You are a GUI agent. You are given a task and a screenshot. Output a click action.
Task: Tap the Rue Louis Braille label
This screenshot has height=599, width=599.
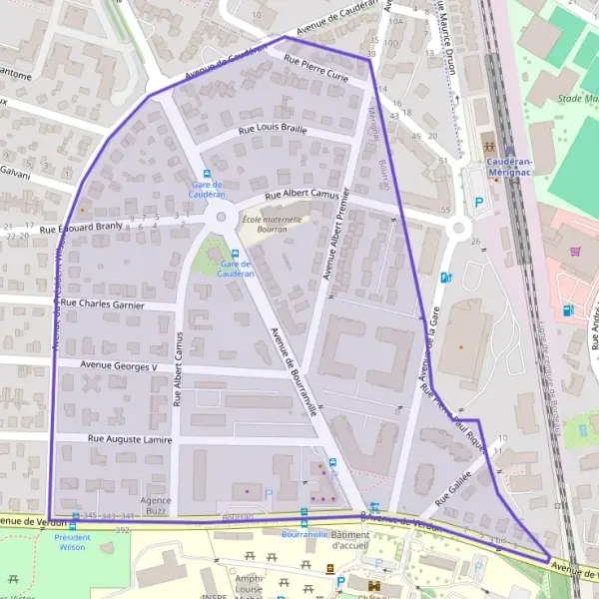click(273, 130)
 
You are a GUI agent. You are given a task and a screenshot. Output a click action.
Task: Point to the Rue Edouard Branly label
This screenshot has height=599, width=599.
click(80, 227)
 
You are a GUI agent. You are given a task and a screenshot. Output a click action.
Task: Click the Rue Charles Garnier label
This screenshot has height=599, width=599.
click(103, 303)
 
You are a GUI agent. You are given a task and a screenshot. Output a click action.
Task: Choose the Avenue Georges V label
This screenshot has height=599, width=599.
click(120, 366)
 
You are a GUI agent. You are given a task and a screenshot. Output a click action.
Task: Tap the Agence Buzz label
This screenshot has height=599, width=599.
click(155, 505)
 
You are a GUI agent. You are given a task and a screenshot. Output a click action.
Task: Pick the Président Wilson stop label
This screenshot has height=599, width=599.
click(72, 542)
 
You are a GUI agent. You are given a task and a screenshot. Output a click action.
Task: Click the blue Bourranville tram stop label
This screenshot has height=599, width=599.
click(304, 534)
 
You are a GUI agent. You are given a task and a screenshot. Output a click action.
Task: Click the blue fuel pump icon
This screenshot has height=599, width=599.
click(568, 309)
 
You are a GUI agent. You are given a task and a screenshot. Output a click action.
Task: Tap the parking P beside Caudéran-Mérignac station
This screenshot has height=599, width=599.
click(479, 203)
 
